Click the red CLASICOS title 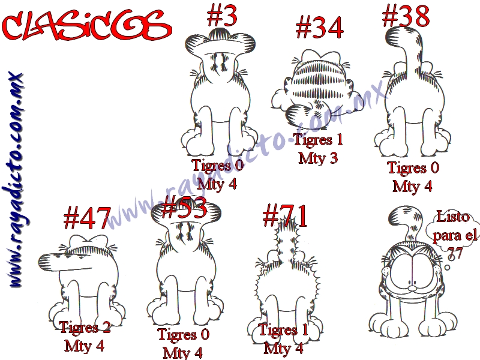coord(86,26)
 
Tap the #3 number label coord(222,16)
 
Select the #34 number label coord(319,27)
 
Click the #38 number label coord(406,16)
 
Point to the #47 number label coord(87,218)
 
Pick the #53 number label coord(184,207)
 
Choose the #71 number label coord(285,215)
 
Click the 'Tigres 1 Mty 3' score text coord(319,149)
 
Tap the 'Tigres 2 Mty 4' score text coord(85,336)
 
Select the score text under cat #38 coord(413,176)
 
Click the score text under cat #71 coord(283,339)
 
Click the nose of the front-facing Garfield coord(413,288)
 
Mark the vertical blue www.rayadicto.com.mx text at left coord(16,179)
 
